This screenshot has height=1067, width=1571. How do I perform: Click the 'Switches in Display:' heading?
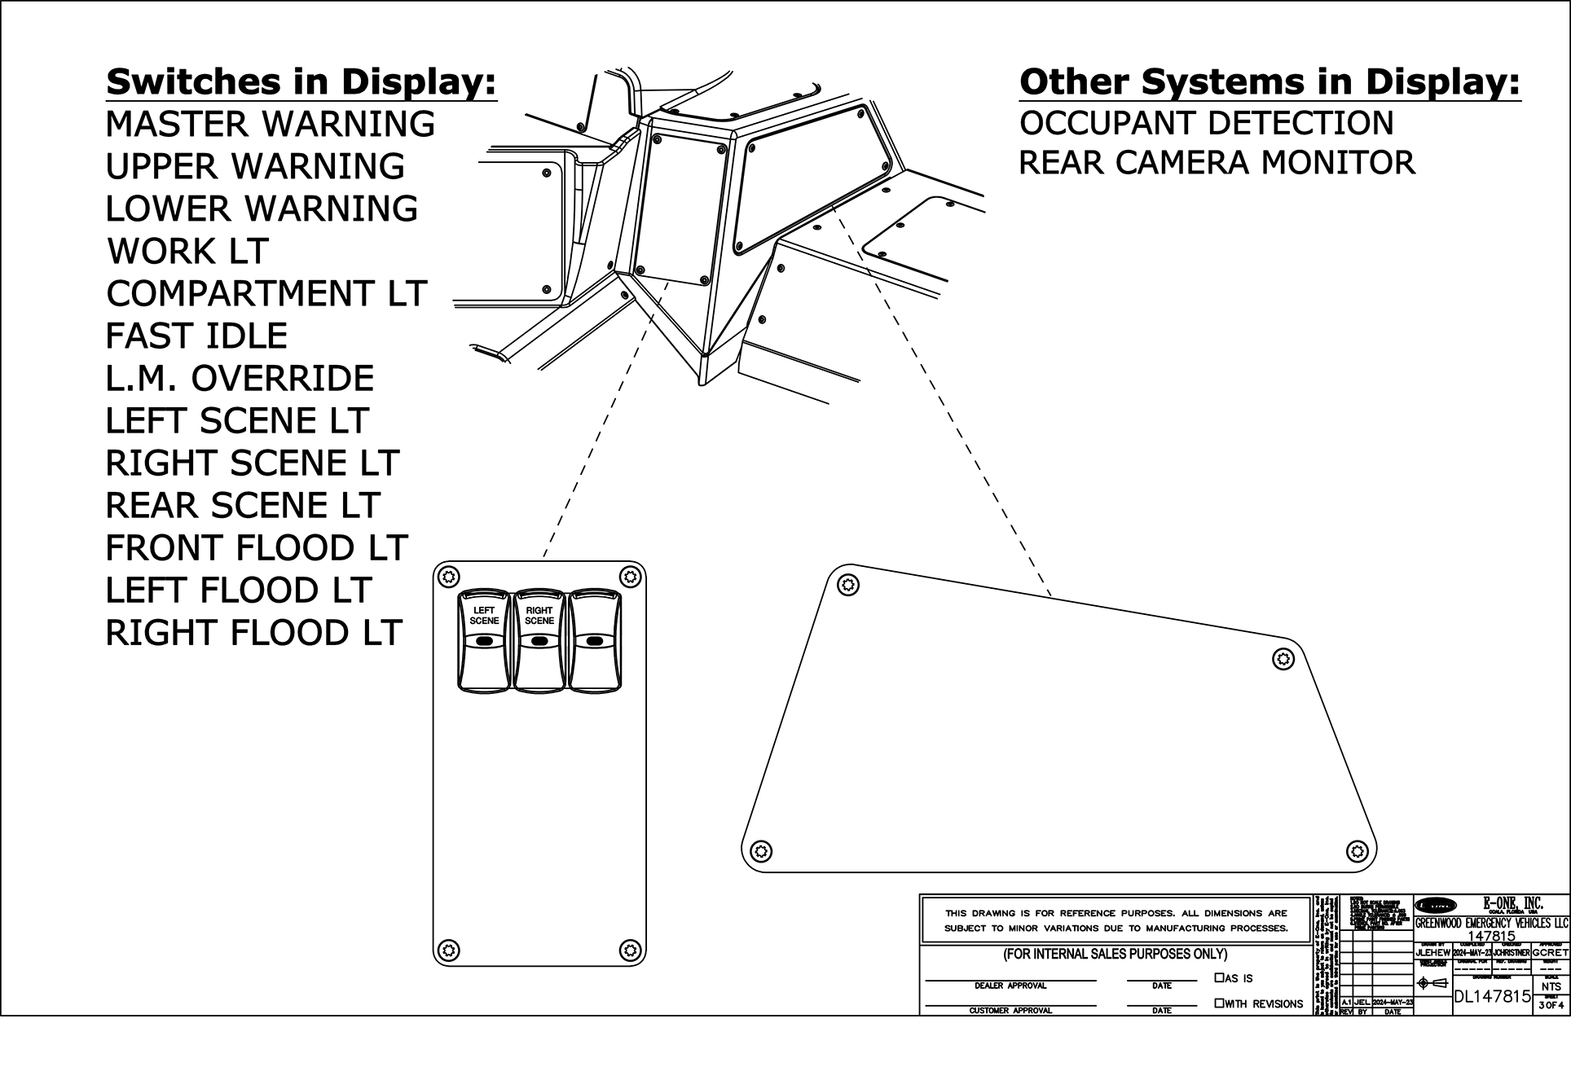pos(301,82)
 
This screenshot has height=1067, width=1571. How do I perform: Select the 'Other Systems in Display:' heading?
pos(1270,82)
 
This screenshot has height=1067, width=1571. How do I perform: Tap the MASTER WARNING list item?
pos(271,124)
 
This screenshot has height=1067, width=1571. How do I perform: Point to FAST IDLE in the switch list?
pos(196,336)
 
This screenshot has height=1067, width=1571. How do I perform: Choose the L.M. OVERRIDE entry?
pos(240,378)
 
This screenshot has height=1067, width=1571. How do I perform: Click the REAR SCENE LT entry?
pos(243,506)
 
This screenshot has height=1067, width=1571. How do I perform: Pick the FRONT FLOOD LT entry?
pos(256,548)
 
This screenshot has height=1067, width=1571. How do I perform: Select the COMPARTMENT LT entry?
pos(266,293)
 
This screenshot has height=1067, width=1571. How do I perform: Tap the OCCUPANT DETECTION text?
pos(1206,123)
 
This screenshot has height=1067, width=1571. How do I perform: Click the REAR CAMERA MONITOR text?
pos(1217,163)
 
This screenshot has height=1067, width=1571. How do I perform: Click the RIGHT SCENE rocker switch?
pos(539,641)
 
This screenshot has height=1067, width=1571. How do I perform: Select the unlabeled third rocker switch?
pos(595,641)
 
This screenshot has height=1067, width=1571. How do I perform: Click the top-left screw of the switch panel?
pos(446,577)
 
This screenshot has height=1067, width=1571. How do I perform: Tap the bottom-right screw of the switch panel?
pos(628,949)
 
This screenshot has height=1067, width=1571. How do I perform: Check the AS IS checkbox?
pos(1220,977)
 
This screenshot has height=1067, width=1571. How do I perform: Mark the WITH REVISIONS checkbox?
pos(1220,1003)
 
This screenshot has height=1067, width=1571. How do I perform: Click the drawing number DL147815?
pos(1492,996)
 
